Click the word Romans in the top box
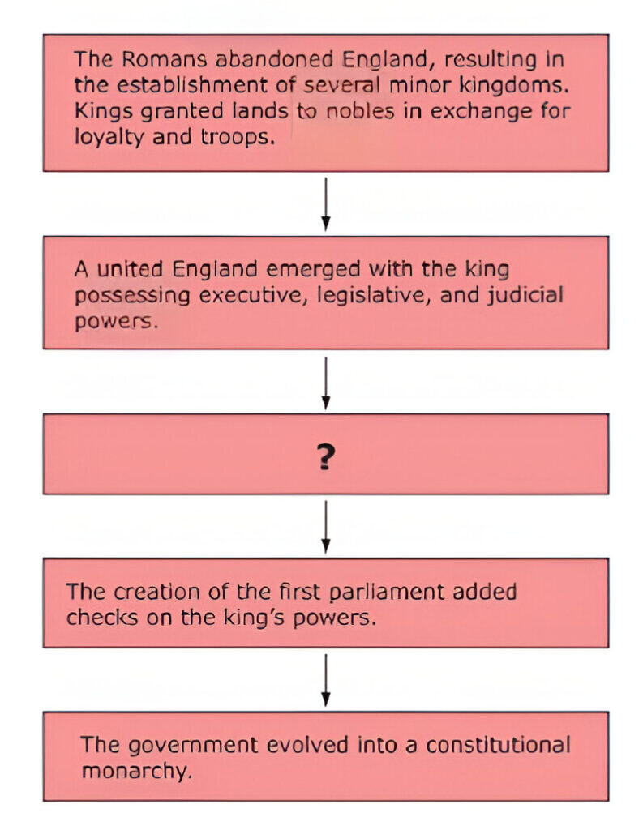pyautogui.click(x=164, y=59)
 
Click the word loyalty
pyautogui.click(x=109, y=138)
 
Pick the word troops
pyautogui.click(x=238, y=138)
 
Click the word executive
pyautogui.click(x=254, y=295)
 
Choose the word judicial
pyautogui.click(x=525, y=295)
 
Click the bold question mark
pyautogui.click(x=326, y=457)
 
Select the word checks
pyautogui.click(x=102, y=618)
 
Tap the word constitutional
pyautogui.click(x=499, y=746)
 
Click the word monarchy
pyautogui.click(x=137, y=772)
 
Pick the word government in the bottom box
pyautogui.click(x=193, y=746)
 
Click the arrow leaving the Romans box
pyautogui.click(x=326, y=203)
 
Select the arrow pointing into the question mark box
pyautogui.click(x=326, y=383)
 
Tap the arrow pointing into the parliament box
pyautogui.click(x=326, y=527)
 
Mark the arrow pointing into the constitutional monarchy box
pyautogui.click(x=326, y=680)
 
